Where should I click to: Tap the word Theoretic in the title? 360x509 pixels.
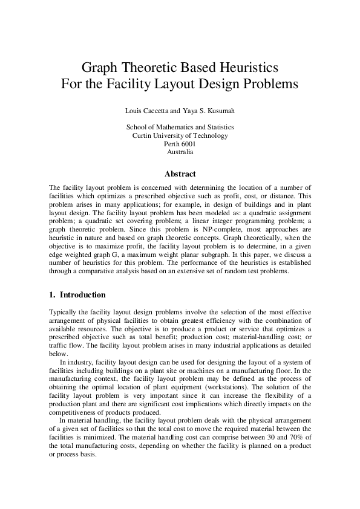pos(145,65)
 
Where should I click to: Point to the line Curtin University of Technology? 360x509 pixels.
pos(180,135)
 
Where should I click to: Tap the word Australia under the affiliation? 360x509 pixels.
pos(180,152)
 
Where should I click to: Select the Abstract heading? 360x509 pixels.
pos(180,174)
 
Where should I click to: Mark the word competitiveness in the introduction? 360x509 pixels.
pos(76,412)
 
